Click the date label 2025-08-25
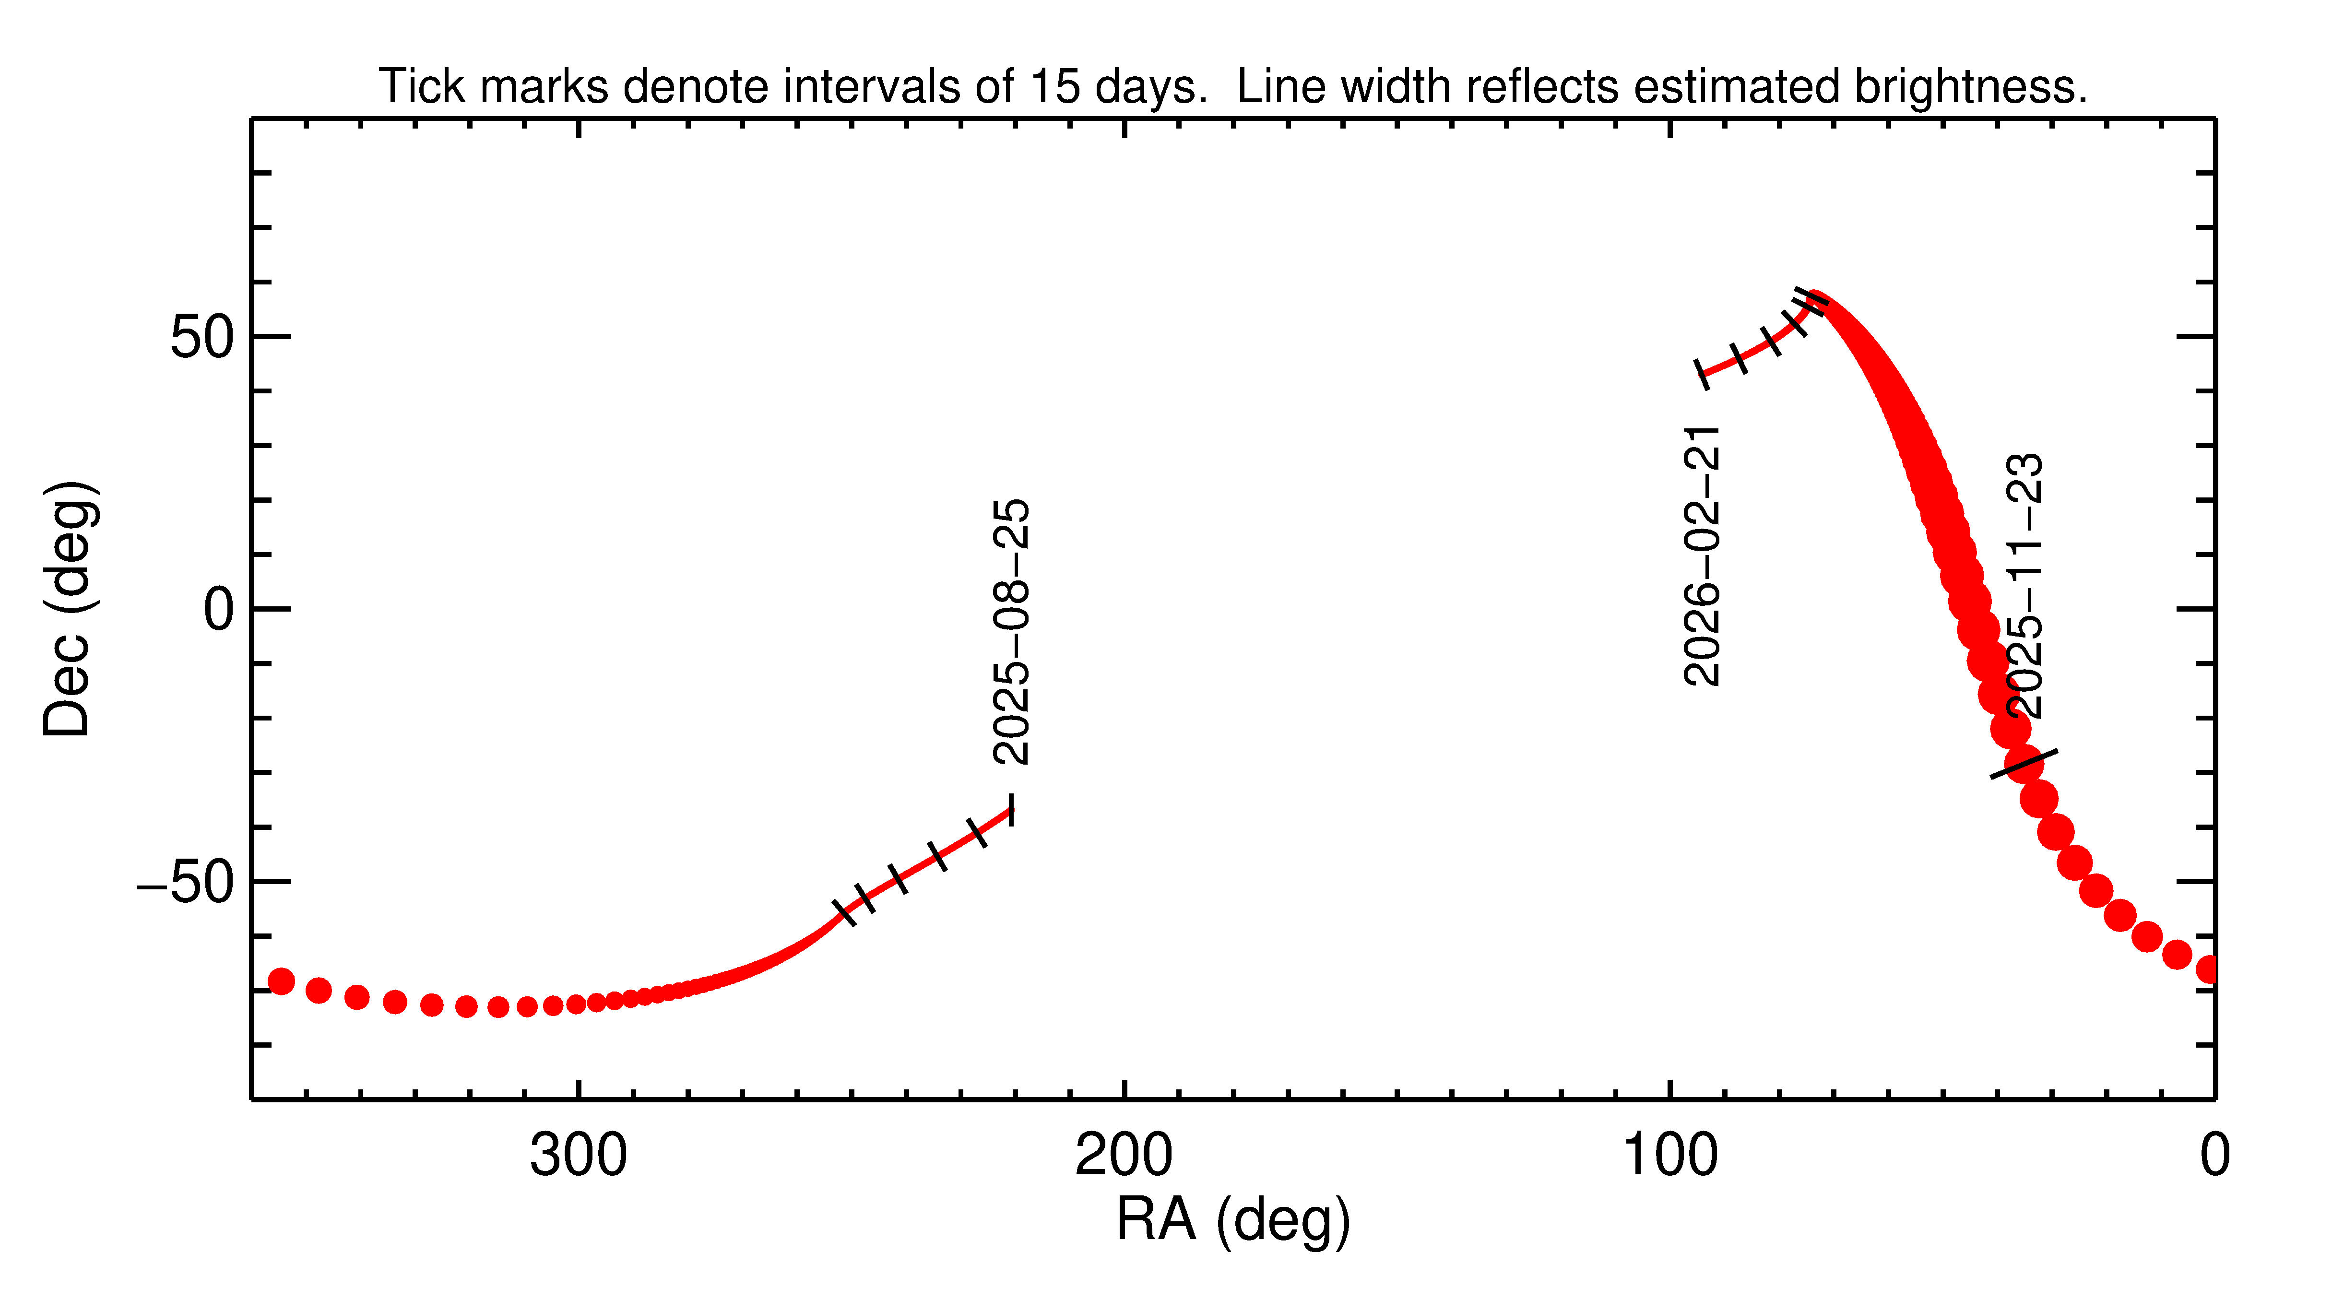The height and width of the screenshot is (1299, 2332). (x=1011, y=632)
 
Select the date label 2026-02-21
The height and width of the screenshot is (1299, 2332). (x=1702, y=556)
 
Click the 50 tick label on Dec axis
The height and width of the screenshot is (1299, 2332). (x=203, y=338)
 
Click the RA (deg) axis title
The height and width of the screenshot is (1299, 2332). (x=1233, y=1219)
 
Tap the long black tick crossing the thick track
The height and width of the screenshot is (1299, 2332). (x=2024, y=763)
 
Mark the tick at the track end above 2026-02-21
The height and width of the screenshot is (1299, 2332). (x=1702, y=374)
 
